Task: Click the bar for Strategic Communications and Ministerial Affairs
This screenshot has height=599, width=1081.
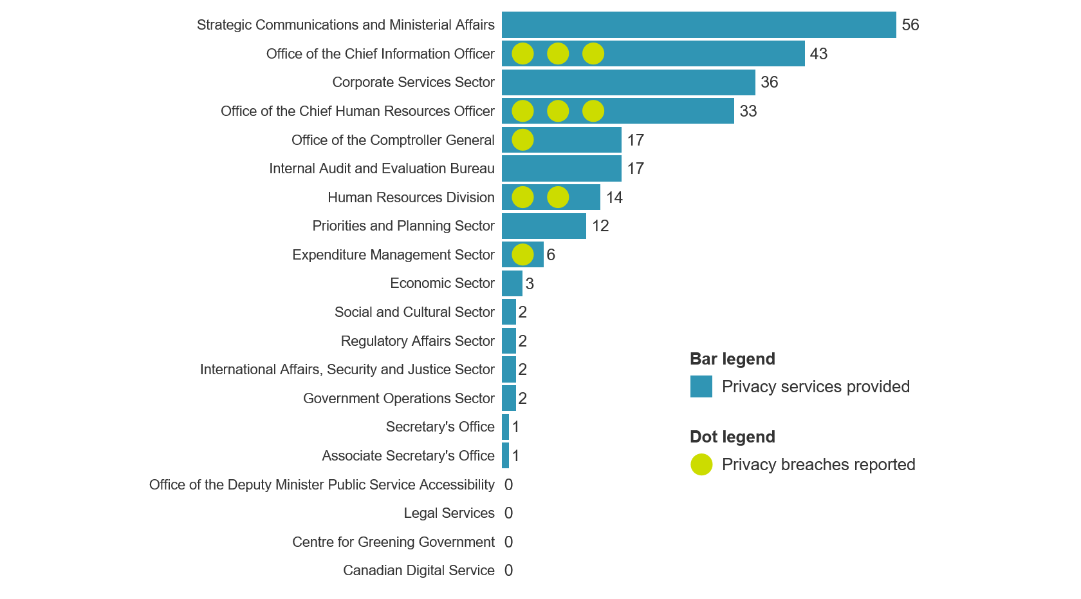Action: pyautogui.click(x=699, y=25)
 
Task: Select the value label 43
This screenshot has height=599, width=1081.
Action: pyautogui.click(x=818, y=54)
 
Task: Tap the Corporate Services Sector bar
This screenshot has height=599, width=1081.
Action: pyautogui.click(x=628, y=82)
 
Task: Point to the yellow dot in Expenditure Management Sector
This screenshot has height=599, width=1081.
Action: pyautogui.click(x=522, y=254)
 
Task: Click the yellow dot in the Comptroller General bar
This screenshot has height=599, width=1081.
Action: pyautogui.click(x=522, y=140)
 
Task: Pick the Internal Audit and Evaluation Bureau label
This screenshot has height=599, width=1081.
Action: pyautogui.click(x=382, y=169)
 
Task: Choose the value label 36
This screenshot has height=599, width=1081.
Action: pyautogui.click(x=769, y=82)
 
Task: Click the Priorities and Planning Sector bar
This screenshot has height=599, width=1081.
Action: pyautogui.click(x=544, y=226)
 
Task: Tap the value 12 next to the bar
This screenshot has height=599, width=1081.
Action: pyautogui.click(x=600, y=226)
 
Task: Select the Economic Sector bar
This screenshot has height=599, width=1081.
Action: pyautogui.click(x=512, y=283)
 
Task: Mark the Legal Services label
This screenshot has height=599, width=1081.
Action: pyautogui.click(x=448, y=513)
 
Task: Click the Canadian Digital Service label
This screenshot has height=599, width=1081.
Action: pyautogui.click(x=418, y=571)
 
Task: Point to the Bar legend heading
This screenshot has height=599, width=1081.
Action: pyautogui.click(x=732, y=359)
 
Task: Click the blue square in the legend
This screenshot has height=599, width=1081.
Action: pyautogui.click(x=701, y=386)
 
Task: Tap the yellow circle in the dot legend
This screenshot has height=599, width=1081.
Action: pyautogui.click(x=701, y=464)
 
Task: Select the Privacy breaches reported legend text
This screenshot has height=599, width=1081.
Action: pyautogui.click(x=818, y=464)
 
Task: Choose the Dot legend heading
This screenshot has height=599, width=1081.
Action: pyautogui.click(x=732, y=437)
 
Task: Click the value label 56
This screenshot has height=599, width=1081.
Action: pyautogui.click(x=910, y=25)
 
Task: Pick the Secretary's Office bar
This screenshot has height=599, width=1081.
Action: pyautogui.click(x=506, y=427)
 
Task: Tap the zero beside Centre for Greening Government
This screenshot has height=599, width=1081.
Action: pyautogui.click(x=508, y=542)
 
